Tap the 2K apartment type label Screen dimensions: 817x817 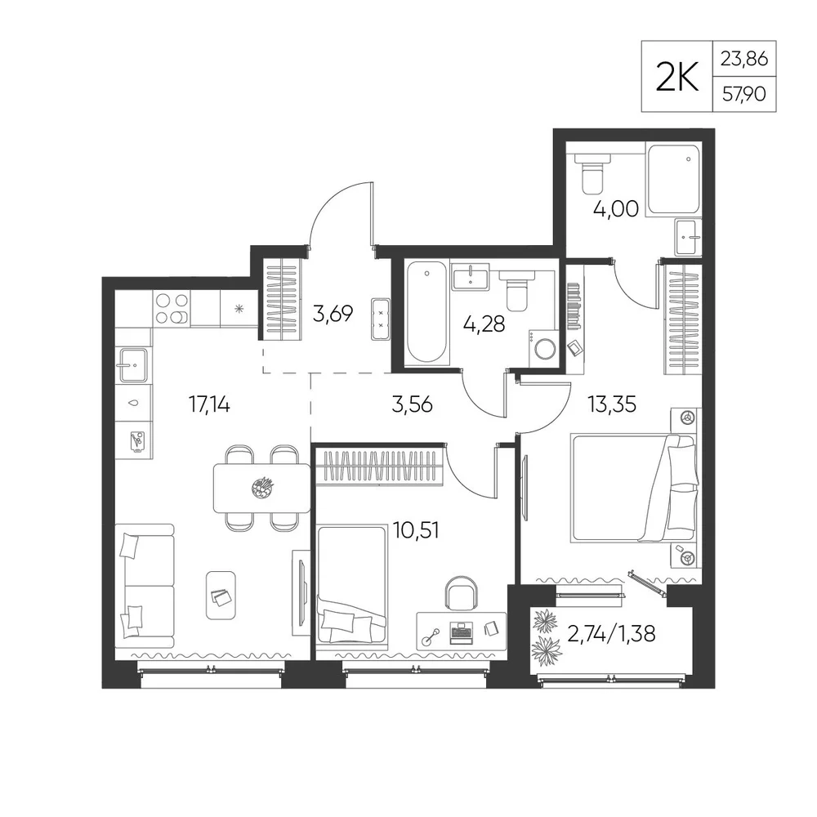pos(676,77)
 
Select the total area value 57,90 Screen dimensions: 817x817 pos(744,94)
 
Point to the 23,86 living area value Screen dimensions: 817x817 pos(744,59)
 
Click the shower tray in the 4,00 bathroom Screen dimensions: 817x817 pos(672,179)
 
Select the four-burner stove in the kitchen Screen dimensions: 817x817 pos(172,309)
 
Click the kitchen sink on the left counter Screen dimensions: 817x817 pos(133,364)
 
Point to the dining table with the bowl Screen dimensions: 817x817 pos(261,489)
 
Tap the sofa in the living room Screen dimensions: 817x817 pos(144,586)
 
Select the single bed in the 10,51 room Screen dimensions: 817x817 pos(351,587)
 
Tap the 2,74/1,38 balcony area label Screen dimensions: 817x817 pos(610,634)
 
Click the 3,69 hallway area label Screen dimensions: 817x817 pos(333,314)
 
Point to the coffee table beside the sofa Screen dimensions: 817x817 pos(221,595)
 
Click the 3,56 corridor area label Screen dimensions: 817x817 pos(412,404)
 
